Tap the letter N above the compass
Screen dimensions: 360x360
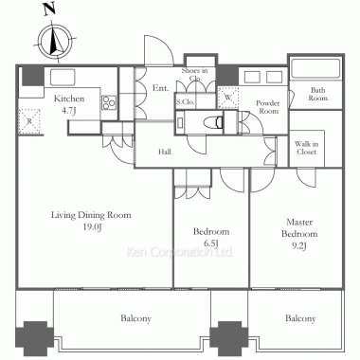coord(50,9)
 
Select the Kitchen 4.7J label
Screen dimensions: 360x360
coord(69,104)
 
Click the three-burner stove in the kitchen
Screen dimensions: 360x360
coord(109,102)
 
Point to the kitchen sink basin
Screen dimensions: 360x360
coord(63,78)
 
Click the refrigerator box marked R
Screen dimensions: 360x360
coord(29,121)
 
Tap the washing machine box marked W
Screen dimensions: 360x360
coord(228,98)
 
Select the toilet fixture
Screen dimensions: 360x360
coord(214,122)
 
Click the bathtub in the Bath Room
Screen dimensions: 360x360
coord(315,69)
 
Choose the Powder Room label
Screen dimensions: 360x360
coord(268,107)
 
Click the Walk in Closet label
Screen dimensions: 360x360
coord(306,148)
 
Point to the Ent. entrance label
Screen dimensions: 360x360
coord(161,88)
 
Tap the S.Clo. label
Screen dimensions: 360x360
coord(186,102)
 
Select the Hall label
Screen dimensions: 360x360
coord(165,152)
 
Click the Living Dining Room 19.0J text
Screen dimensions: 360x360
coord(91,221)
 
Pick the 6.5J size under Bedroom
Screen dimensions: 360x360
coord(211,243)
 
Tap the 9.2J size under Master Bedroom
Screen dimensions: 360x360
coord(299,245)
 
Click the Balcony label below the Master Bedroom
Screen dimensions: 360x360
coord(300,318)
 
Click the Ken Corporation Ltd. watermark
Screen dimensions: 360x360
coord(180,252)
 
